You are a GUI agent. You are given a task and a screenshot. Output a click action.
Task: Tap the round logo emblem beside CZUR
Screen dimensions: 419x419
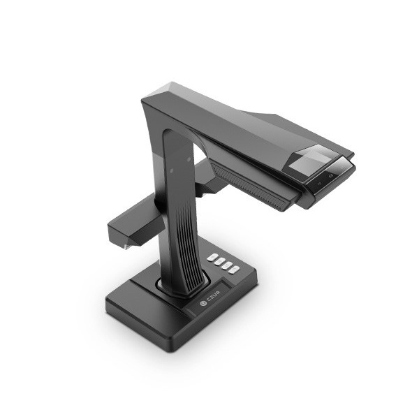pos(203,303)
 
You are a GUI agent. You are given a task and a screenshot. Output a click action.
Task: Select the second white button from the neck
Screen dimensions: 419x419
pos(219,261)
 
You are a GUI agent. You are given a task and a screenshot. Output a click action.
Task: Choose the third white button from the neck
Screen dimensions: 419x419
pos(227,265)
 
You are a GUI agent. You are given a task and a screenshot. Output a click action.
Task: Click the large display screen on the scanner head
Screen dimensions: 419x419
pos(309,161)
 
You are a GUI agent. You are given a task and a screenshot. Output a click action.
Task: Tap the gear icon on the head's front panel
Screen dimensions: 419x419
pos(331,175)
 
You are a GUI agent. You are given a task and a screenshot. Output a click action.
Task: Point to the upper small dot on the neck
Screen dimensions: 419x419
pos(189,159)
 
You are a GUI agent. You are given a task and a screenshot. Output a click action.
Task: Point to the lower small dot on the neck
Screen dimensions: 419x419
pos(172,170)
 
